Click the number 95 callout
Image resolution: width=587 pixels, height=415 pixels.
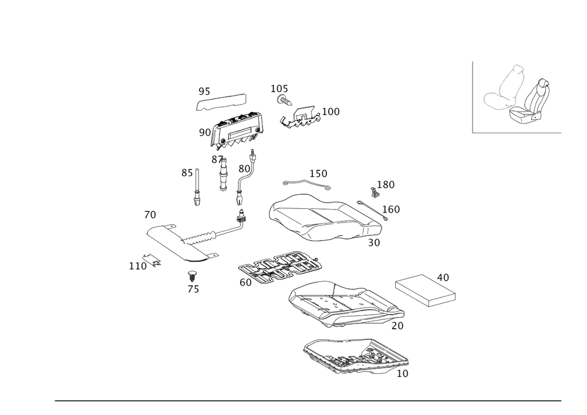click(204, 92)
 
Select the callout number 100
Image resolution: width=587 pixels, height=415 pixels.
click(330, 112)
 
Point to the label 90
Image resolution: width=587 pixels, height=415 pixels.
click(204, 133)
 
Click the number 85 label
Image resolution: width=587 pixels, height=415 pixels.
click(187, 173)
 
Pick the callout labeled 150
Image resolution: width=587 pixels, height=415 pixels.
click(319, 174)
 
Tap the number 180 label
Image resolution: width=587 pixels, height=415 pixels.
click(386, 184)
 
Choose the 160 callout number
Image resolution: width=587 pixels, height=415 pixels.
click(391, 209)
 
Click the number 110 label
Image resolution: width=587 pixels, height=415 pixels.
click(137, 266)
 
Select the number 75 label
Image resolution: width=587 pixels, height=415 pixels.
click(194, 289)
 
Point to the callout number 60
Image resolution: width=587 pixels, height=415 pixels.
click(245, 282)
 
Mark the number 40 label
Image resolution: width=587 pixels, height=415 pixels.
click(443, 276)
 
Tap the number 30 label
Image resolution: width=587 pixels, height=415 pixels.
click(375, 241)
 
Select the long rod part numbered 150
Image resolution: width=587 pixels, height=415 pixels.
click(305, 184)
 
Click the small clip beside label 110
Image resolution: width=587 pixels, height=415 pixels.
click(154, 260)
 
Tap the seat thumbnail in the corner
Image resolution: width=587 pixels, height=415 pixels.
click(517, 96)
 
